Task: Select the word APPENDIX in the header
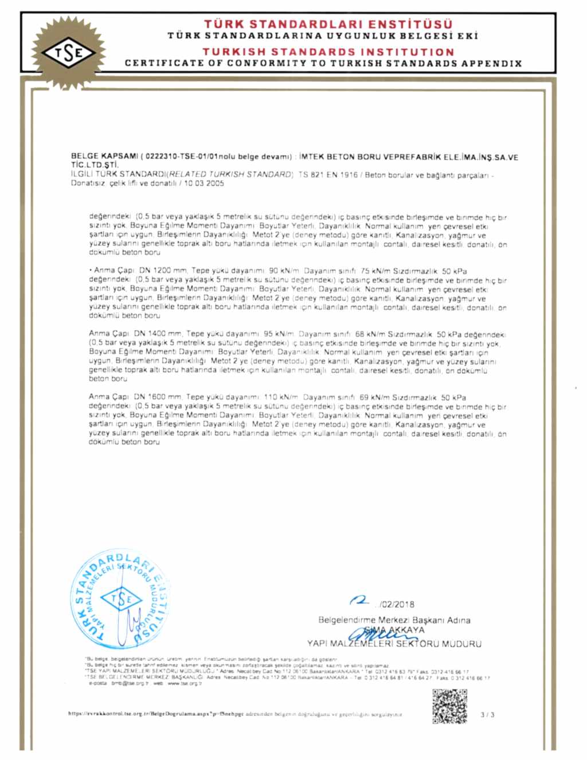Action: click(493, 63)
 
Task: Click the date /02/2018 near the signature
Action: click(396, 604)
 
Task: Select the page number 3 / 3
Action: click(488, 715)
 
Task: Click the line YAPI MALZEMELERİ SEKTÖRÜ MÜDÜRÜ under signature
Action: click(394, 644)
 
